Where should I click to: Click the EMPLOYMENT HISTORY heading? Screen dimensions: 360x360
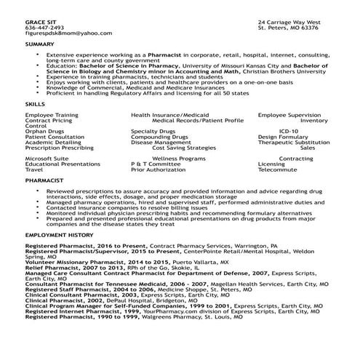point(59,236)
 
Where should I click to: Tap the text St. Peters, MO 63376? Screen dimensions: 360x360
point(288,28)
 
